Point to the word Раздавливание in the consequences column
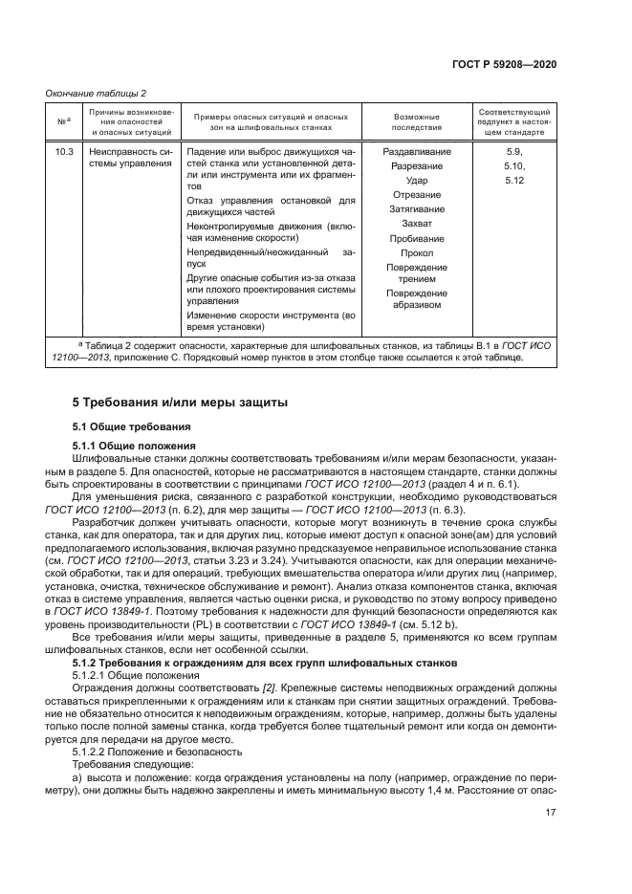tap(417, 152)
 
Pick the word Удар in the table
tap(417, 181)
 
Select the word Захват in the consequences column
tap(417, 224)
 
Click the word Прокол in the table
tap(417, 252)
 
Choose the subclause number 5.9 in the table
tap(514, 152)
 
